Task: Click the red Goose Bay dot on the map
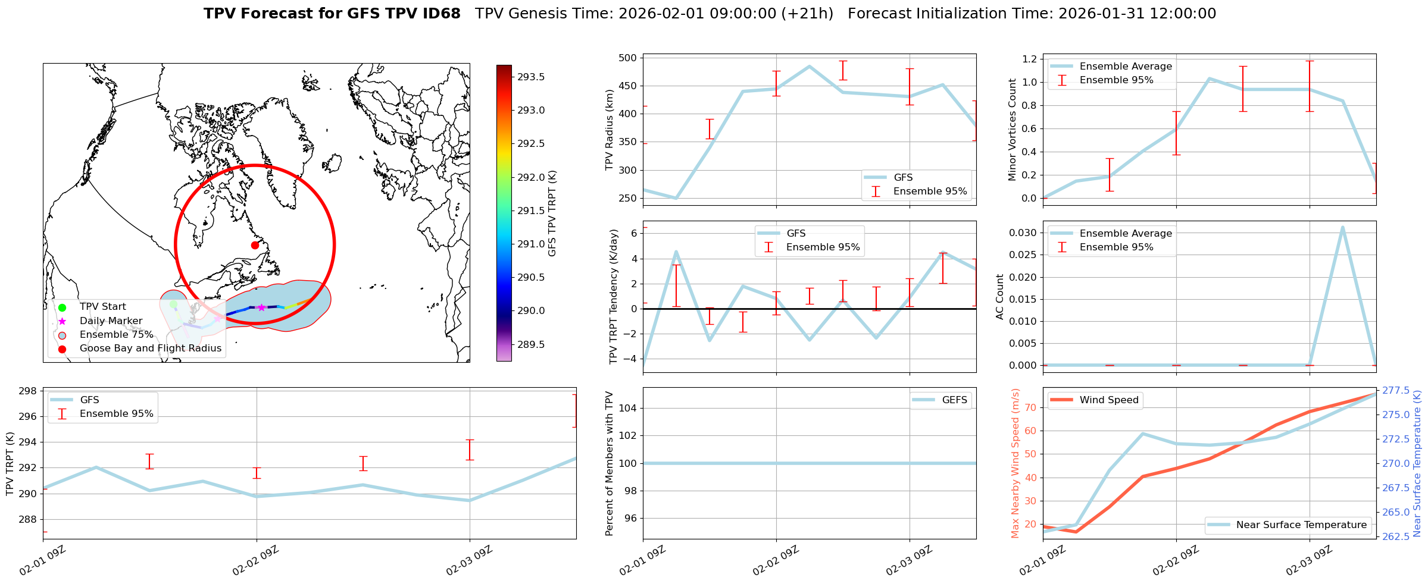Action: [x=255, y=245]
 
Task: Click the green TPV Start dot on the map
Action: [x=173, y=304]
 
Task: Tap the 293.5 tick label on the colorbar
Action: [x=531, y=77]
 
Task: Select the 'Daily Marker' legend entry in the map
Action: [x=111, y=321]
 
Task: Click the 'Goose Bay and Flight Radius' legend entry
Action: [x=150, y=348]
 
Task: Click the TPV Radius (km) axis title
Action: [x=609, y=130]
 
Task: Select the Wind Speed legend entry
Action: [x=1108, y=400]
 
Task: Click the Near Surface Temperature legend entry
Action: [x=1301, y=525]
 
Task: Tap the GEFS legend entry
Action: [x=954, y=400]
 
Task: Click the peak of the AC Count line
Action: [x=1342, y=227]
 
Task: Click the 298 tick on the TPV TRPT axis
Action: [x=29, y=391]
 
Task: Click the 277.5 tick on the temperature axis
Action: [x=1395, y=390]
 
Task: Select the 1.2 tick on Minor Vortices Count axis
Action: [x=1029, y=58]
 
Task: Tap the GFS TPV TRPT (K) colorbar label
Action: [x=552, y=213]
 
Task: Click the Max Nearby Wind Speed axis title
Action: [x=1015, y=463]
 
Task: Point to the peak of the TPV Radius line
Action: [x=809, y=66]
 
